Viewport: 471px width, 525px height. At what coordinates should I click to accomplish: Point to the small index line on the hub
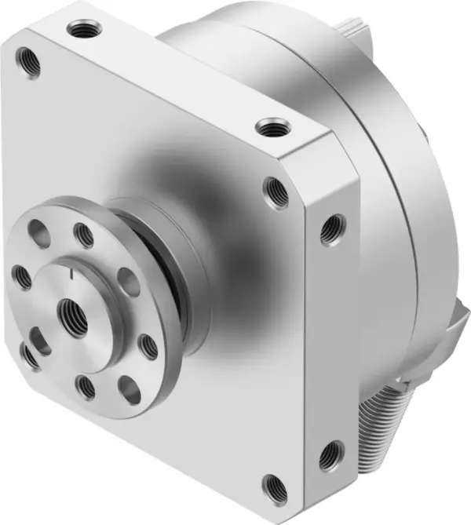(70, 274)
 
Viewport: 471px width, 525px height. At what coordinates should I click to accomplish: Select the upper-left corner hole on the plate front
(28, 62)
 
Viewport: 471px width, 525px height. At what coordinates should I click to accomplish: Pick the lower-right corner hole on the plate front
(275, 488)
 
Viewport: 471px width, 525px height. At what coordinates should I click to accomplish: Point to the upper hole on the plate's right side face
(331, 228)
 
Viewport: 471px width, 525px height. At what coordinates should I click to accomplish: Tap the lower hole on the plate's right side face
(330, 454)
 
